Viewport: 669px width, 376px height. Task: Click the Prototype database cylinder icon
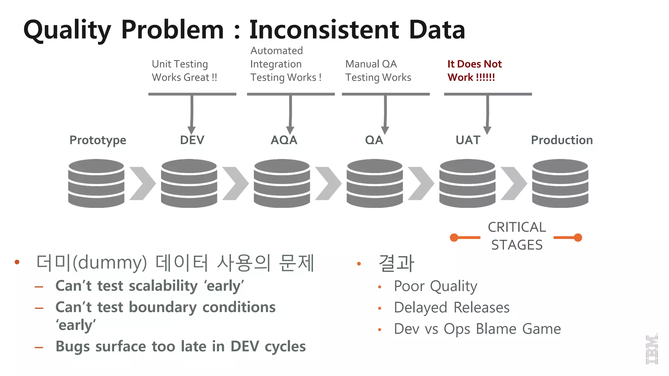(x=96, y=183)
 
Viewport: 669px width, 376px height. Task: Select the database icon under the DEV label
(x=189, y=183)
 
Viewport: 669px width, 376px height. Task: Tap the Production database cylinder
(x=560, y=183)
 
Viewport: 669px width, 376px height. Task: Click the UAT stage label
(x=468, y=140)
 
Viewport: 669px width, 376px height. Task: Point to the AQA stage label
(x=284, y=140)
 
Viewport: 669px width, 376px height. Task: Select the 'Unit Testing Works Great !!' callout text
(x=184, y=70)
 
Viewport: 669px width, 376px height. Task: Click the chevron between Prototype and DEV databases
(x=142, y=183)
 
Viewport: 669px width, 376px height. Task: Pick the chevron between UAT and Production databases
(x=514, y=183)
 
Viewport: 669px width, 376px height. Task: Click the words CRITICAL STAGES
(x=517, y=236)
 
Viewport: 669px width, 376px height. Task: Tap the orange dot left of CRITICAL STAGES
(x=454, y=238)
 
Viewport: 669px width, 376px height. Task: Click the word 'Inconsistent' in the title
(x=324, y=30)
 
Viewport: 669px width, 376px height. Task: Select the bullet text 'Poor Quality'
(x=435, y=286)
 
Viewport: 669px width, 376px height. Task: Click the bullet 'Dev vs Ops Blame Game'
(x=477, y=329)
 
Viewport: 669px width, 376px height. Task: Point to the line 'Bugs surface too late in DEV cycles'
(x=180, y=347)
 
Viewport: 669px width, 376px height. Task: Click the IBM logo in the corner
(x=652, y=349)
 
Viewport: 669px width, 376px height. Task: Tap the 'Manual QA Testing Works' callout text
(x=378, y=70)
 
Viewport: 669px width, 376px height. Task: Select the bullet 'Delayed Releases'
(x=451, y=308)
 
